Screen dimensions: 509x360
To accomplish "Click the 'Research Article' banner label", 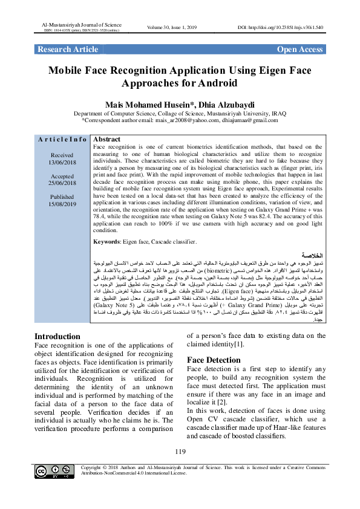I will (x=68, y=49).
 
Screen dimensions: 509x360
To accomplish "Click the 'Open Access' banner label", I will (x=299, y=49).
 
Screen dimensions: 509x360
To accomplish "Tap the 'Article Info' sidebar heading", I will (x=62, y=140).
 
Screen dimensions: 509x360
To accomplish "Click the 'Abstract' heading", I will (x=108, y=139).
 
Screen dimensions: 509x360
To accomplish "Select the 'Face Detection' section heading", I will (x=214, y=360).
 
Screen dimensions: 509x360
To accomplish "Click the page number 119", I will (x=180, y=452).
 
